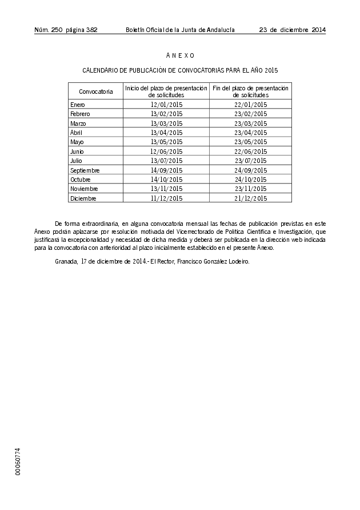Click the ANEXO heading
point(180,55)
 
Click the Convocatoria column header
point(95,91)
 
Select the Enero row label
point(77,105)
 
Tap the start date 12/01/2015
point(166,105)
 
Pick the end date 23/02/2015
point(251,114)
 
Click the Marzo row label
point(78,123)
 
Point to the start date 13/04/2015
point(166,133)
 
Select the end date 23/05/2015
point(251,142)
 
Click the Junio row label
point(77,152)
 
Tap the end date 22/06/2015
point(251,152)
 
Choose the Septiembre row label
point(85,170)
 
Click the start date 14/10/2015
point(166,180)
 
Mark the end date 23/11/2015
point(251,189)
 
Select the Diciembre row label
point(83,198)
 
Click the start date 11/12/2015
point(166,198)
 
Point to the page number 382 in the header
point(91,30)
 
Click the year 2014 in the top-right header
point(318,30)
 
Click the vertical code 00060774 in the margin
point(18,461)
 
